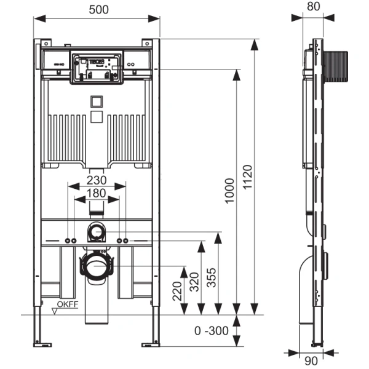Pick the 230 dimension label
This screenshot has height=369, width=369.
(96, 180)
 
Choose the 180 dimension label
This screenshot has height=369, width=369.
(96, 194)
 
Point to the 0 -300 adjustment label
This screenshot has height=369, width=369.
(212, 331)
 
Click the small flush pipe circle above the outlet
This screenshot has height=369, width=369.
(96, 232)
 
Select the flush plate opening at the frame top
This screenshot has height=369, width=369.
(97, 67)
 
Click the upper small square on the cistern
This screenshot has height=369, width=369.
(96, 101)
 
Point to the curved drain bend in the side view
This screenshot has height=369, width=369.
(303, 271)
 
